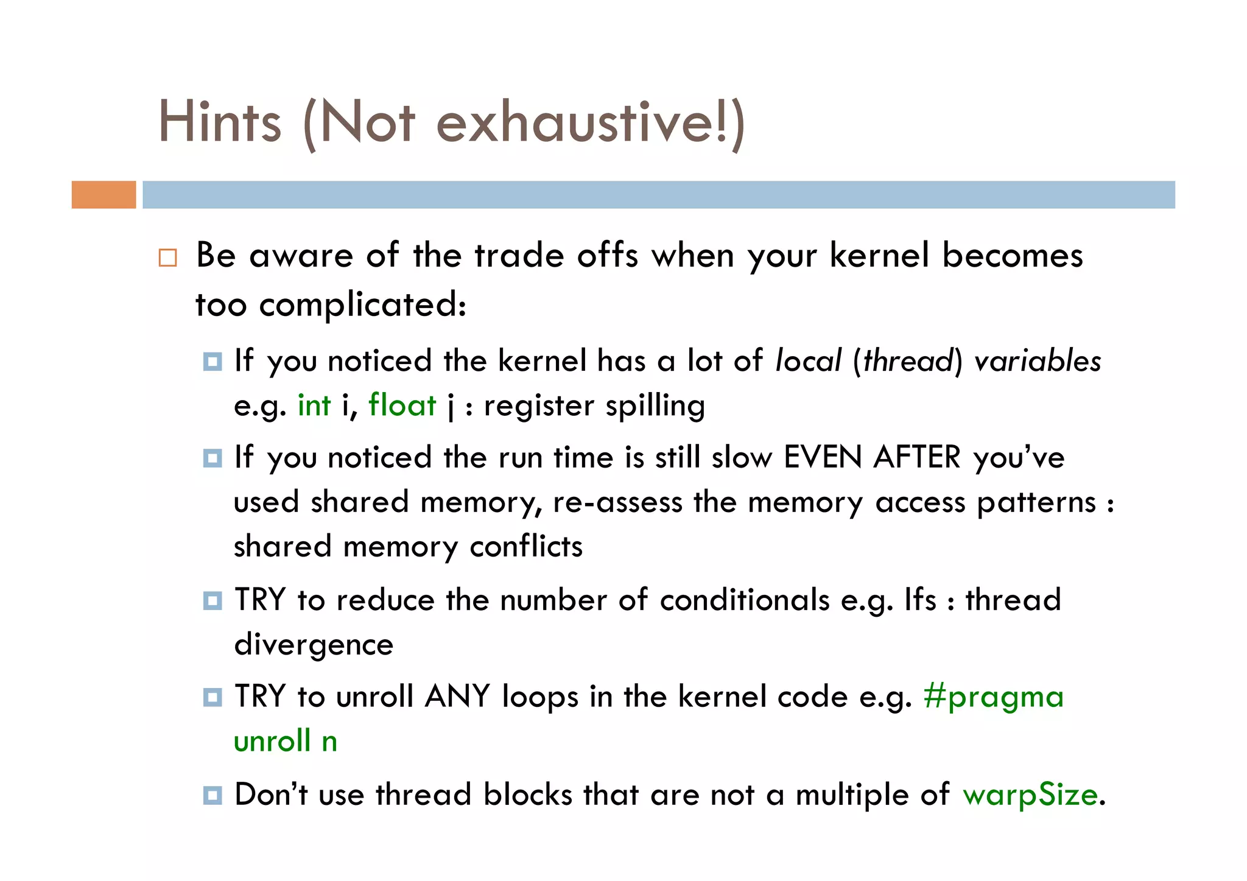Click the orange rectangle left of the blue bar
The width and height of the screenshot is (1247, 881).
click(x=104, y=195)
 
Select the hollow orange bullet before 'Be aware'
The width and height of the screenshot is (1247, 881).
click(x=167, y=258)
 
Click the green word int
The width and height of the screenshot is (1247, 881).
click(x=314, y=405)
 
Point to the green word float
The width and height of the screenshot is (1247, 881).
click(x=402, y=405)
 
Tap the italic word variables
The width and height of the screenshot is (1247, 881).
click(x=1038, y=361)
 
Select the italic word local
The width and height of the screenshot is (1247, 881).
click(x=809, y=361)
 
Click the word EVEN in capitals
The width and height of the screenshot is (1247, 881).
click(x=823, y=457)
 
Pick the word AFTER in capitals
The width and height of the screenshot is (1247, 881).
click(x=916, y=457)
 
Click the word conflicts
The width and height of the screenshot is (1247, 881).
click(x=526, y=546)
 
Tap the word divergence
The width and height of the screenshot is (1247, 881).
click(x=314, y=645)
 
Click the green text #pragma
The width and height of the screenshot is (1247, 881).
click(x=993, y=697)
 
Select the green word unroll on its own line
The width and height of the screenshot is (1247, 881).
click(x=272, y=742)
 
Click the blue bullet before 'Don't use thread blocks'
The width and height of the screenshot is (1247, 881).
click(x=213, y=795)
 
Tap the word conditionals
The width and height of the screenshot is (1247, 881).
click(x=745, y=600)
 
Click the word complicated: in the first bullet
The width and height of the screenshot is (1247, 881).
click(x=362, y=305)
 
